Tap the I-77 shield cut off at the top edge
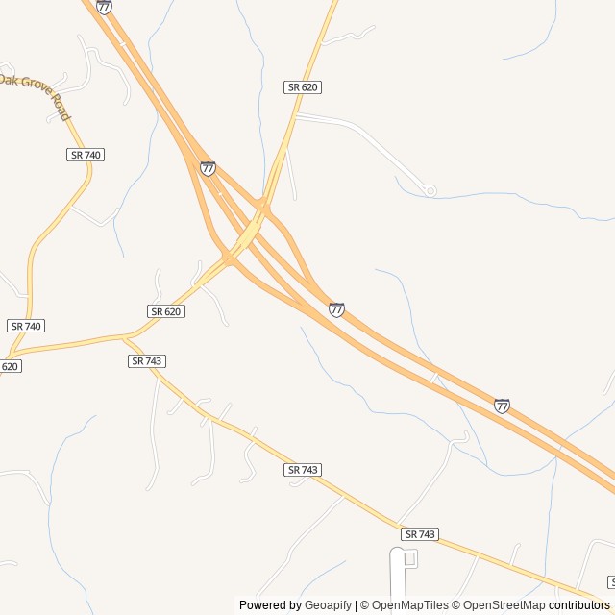coord(104,6)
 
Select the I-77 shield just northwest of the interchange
coord(208,168)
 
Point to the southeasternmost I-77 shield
coord(502,406)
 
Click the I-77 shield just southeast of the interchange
coord(336,309)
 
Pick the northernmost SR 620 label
coord(303,87)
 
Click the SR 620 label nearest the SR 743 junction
coord(165,311)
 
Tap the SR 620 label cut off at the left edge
coord(9,366)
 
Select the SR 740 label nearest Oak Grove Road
coord(86,155)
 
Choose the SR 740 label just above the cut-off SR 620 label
coord(26,326)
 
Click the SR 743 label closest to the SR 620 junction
coord(147,361)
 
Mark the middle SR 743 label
coord(303,470)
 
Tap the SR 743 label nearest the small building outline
coord(420,534)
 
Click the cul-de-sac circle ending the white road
coord(430,191)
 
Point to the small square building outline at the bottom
coord(410,558)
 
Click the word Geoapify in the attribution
coord(328,605)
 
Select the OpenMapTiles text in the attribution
coord(408,605)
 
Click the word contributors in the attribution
coord(579,605)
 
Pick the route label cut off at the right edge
coord(611,582)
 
